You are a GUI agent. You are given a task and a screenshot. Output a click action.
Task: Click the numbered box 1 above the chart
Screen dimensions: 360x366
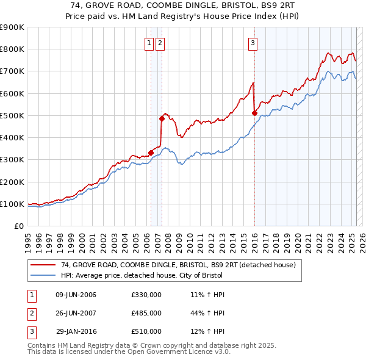(149, 43)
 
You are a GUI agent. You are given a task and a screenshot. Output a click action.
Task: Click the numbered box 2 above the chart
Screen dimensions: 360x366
(160, 43)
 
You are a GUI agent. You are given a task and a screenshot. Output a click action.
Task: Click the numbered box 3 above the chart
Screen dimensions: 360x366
(253, 43)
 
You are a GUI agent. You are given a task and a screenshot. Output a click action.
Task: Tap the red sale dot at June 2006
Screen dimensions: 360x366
(151, 153)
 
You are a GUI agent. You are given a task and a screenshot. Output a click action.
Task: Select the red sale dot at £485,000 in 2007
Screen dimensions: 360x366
(162, 118)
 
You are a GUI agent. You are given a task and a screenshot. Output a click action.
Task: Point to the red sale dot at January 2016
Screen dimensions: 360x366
(254, 113)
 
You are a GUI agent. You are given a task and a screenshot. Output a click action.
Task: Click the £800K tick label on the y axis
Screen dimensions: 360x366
(12, 49)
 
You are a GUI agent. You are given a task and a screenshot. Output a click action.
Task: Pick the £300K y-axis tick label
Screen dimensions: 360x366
(12, 160)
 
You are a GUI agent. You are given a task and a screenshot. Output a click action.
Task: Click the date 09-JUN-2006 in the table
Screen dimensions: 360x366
(76, 295)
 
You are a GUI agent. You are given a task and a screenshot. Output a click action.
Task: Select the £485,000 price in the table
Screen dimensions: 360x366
(146, 313)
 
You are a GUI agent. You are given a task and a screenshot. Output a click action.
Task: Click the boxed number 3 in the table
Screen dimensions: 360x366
(31, 331)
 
